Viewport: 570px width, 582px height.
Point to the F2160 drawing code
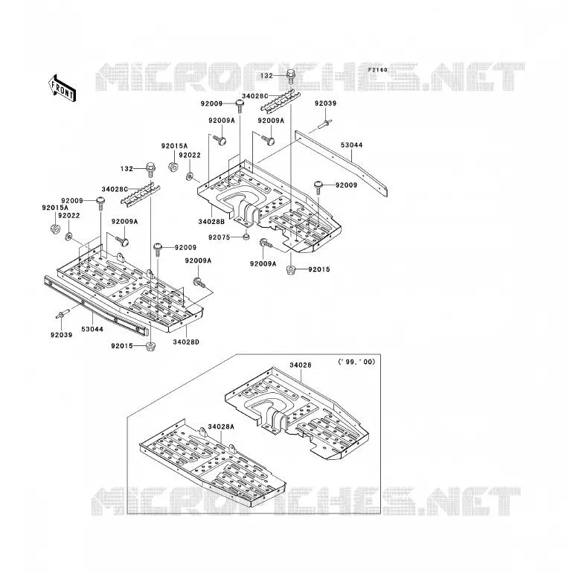[377, 70]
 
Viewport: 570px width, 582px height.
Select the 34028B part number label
[211, 222]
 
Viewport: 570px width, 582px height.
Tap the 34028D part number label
[186, 342]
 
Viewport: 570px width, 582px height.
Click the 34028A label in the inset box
[221, 427]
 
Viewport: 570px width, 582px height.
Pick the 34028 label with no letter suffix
[301, 365]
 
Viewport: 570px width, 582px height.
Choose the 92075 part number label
[220, 237]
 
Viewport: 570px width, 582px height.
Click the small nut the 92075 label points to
[246, 236]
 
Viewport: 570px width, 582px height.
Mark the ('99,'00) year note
[357, 362]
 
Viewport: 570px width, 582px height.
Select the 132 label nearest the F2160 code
[266, 76]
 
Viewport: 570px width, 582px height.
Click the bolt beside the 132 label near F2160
[291, 77]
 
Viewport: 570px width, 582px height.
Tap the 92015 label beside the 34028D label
[122, 346]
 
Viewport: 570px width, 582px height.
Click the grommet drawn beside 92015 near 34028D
[150, 347]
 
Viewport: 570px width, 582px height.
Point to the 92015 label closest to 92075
[319, 269]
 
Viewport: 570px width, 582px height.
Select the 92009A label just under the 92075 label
[263, 264]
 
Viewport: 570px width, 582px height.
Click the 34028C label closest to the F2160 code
[255, 97]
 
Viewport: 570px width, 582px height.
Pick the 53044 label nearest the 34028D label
[92, 329]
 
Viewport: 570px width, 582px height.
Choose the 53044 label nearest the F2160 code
[352, 145]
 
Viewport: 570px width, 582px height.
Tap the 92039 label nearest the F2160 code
[325, 103]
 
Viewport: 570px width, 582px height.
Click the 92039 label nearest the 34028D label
[62, 335]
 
